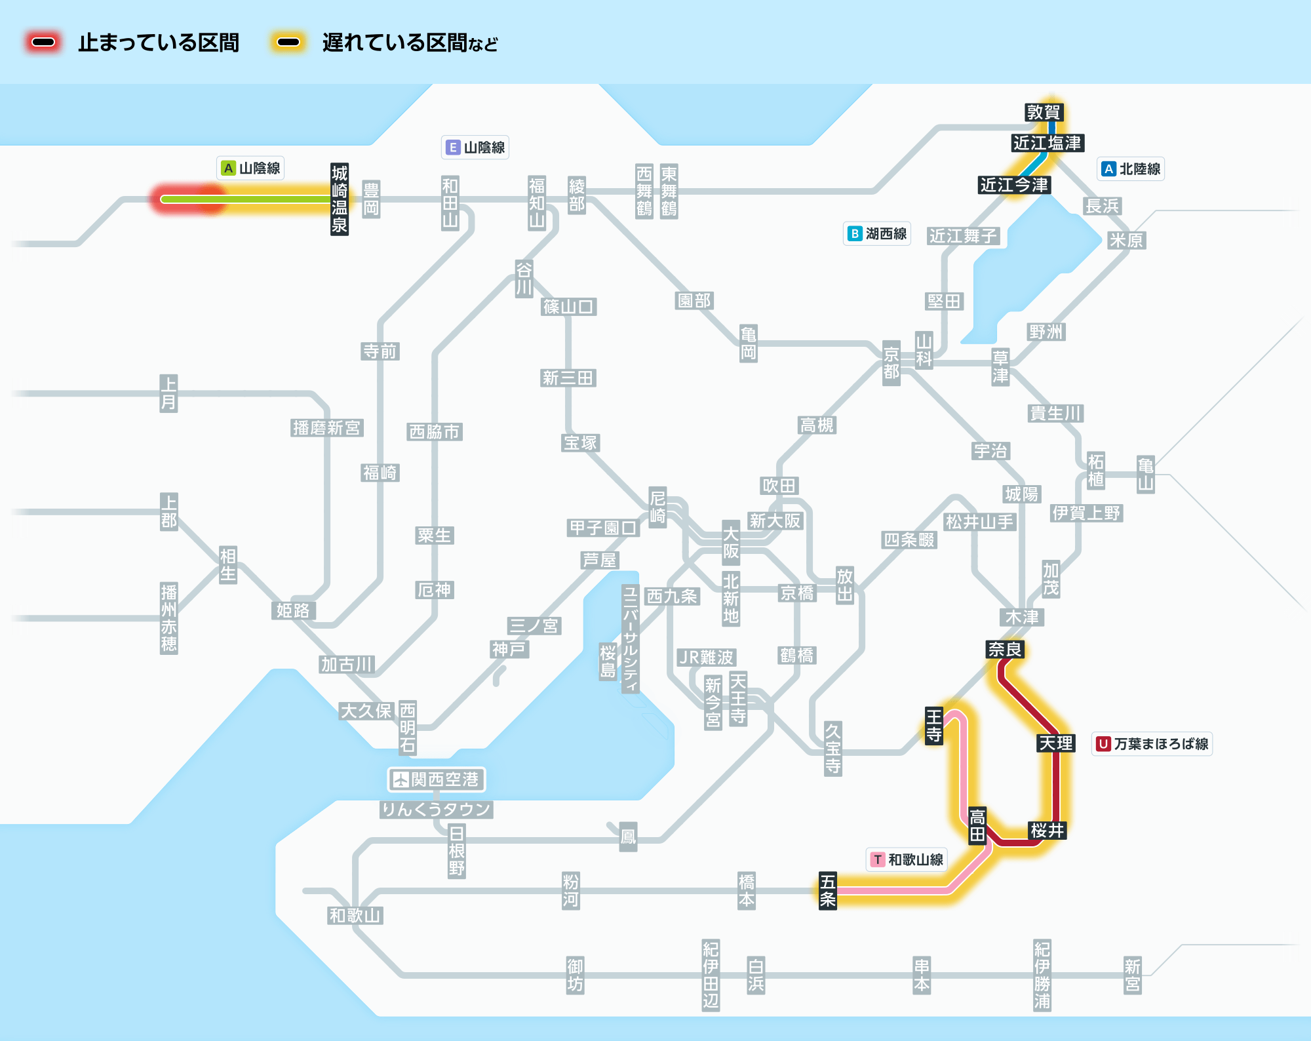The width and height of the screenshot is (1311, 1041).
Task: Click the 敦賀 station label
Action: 1043,112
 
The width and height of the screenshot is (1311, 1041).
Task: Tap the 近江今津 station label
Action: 1014,185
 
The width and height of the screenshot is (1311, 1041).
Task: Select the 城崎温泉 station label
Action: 339,199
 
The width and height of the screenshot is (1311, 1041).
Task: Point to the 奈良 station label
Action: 1005,649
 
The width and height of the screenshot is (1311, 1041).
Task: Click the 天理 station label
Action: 1056,743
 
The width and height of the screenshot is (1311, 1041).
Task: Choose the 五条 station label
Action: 828,890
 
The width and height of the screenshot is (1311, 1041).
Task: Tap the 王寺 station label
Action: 934,726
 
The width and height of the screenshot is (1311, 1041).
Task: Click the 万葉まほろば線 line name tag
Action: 1152,743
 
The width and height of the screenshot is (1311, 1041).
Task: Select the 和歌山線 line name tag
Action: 907,859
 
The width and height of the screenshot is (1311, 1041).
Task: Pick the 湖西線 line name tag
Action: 877,233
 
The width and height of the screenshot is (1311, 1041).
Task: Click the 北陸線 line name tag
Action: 1131,168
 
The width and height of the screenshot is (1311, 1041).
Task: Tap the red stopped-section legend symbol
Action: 43,43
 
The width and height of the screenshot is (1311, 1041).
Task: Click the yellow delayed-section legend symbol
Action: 288,43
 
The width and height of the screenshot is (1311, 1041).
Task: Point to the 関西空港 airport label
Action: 437,779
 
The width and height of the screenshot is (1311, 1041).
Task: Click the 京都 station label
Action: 891,363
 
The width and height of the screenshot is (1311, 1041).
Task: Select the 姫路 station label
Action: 293,610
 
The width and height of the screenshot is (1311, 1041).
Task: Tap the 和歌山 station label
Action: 355,915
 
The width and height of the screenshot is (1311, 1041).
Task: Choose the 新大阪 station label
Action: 775,520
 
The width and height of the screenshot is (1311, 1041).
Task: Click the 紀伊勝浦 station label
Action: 1042,975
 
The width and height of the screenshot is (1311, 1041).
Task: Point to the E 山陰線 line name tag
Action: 475,147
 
